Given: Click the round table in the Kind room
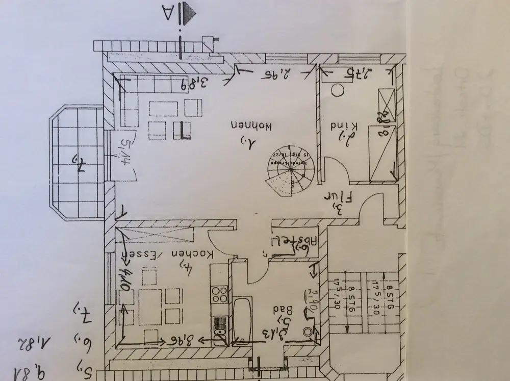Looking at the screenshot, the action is pyautogui.click(x=338, y=91).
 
